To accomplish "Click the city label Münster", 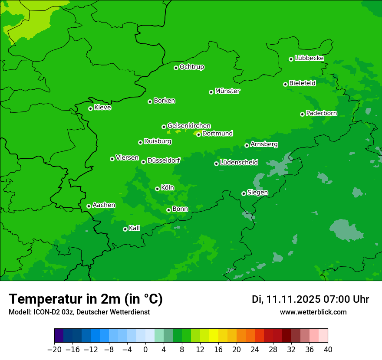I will (227, 91).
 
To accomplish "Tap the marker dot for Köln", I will (157, 189).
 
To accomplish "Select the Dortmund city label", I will (217, 134).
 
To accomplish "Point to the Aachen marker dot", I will (89, 206).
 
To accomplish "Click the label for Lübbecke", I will (309, 58).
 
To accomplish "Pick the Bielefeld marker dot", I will (285, 84).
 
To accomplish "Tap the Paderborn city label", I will (321, 113).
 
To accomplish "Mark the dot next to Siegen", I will (244, 193).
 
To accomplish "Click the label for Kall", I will (135, 228).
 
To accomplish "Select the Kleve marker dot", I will (90, 108).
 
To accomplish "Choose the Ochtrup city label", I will (192, 67).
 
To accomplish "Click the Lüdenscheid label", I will (239, 163).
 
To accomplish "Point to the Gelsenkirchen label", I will (189, 126).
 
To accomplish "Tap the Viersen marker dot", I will (112, 159).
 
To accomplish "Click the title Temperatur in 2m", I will (86, 299).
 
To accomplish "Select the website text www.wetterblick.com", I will (313, 312).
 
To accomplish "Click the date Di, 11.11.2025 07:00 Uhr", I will (310, 299).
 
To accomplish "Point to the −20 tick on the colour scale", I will (54, 350).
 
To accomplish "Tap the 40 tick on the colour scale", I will (328, 350).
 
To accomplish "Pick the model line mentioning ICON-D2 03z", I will (79, 312).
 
